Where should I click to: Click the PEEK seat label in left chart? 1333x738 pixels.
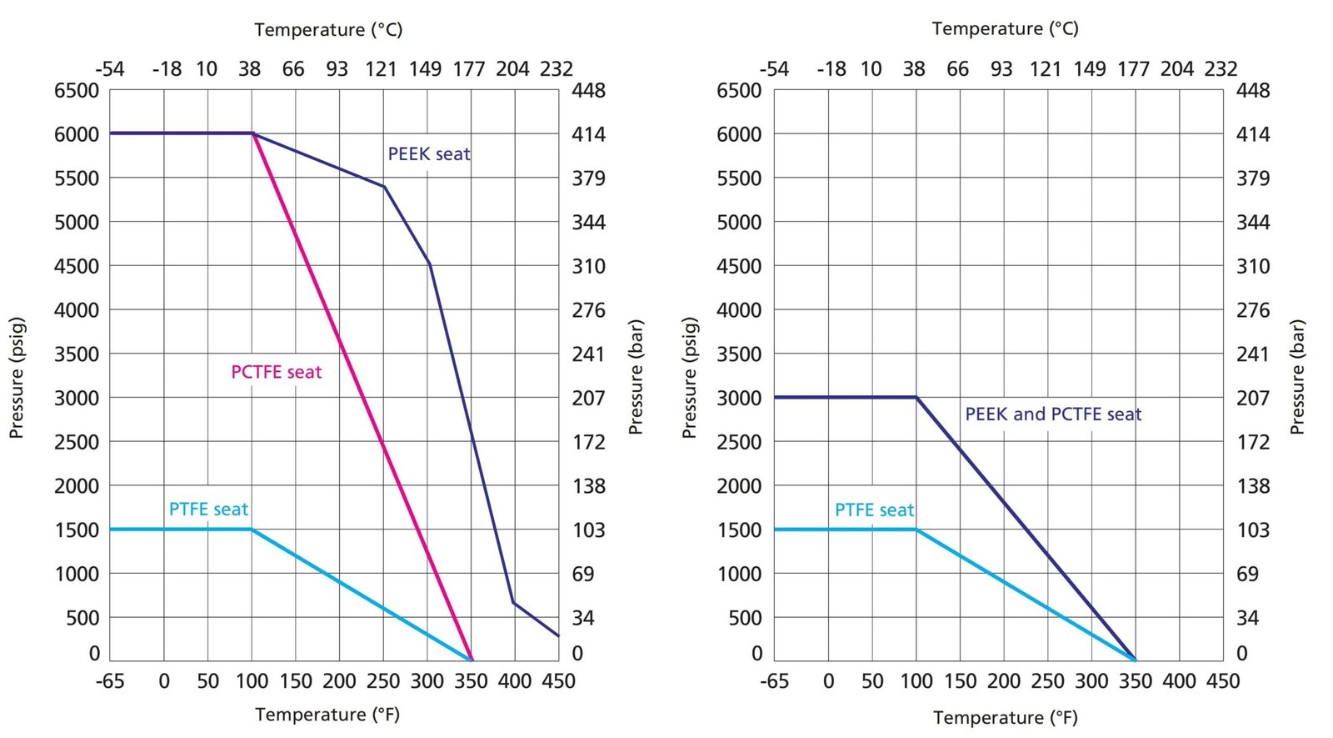tap(429, 154)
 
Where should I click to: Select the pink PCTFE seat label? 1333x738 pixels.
tap(276, 372)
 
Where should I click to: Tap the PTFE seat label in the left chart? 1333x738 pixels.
tap(208, 510)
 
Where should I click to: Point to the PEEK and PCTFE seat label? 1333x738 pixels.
tap(1053, 414)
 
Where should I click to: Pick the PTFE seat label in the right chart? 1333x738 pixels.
tap(874, 510)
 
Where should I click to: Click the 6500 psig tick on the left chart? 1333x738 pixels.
tap(77, 90)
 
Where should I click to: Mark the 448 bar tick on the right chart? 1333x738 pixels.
tap(1253, 90)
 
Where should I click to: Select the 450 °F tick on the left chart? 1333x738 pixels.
tap(558, 681)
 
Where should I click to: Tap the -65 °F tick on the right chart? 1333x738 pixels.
tap(774, 681)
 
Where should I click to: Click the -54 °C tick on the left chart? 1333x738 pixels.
tap(110, 68)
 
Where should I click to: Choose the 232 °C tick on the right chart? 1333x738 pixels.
tap(1221, 68)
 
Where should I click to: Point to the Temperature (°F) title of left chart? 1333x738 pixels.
tap(327, 715)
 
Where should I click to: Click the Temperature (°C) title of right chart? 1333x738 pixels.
tap(1005, 29)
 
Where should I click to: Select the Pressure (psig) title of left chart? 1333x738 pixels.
tap(17, 377)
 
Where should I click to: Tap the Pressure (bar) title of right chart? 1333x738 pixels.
tap(1297, 377)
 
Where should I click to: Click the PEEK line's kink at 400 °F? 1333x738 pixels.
tap(514, 602)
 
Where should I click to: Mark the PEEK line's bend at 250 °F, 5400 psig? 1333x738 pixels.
tap(384, 186)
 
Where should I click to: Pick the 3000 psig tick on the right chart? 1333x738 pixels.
tap(739, 398)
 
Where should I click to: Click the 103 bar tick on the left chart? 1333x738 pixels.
tap(588, 530)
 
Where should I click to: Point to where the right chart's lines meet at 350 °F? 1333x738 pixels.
tap(1135, 660)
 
